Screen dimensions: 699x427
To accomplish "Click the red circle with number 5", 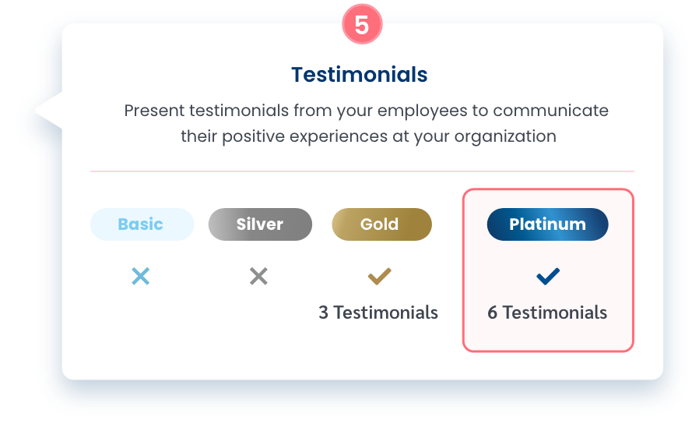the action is (362, 24).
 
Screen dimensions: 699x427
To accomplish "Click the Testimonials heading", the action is (360, 75).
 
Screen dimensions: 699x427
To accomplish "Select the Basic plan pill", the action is (142, 224).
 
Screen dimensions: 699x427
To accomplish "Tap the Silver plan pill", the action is (260, 224).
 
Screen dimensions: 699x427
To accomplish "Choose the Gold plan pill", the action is (381, 224).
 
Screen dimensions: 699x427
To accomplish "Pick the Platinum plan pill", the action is (547, 224).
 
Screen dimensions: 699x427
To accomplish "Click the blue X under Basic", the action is (141, 276).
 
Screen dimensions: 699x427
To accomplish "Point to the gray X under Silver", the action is (258, 276).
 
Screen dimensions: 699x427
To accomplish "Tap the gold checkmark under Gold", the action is (379, 276).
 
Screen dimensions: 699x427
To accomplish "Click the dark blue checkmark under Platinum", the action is (548, 276).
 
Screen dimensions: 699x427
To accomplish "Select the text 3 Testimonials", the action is (378, 312).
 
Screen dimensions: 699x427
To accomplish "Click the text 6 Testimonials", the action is (547, 312).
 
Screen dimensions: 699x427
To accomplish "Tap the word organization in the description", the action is (505, 137).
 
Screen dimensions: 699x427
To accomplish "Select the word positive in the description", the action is (253, 137).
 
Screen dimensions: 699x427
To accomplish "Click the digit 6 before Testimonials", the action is (492, 312).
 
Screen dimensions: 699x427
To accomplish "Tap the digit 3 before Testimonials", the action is (323, 312).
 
